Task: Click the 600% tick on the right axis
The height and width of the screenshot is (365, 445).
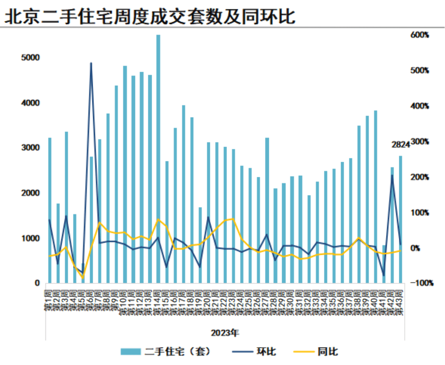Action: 420,35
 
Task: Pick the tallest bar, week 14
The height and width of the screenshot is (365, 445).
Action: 158,159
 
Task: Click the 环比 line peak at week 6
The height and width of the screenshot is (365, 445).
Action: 91,63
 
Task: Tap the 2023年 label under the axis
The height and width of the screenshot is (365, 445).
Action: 225,333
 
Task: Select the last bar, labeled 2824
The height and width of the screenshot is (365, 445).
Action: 401,219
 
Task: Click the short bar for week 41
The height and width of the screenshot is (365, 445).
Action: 384,264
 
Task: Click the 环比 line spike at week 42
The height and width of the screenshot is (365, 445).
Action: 392,175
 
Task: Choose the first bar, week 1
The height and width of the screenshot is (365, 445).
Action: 50,210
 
